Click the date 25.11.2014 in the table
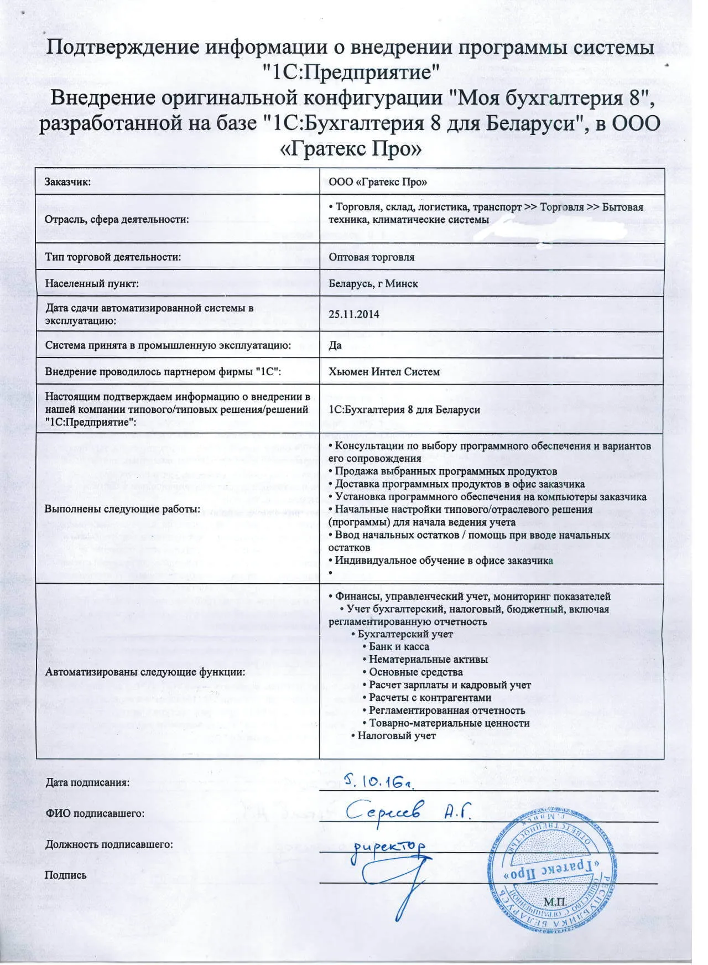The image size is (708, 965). click(x=354, y=314)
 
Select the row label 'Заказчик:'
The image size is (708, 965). click(x=67, y=182)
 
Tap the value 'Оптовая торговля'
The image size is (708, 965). click(x=371, y=257)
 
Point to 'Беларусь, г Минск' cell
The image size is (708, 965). click(x=373, y=284)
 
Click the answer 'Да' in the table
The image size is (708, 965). click(x=335, y=345)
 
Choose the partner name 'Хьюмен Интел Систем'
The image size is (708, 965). click(x=384, y=372)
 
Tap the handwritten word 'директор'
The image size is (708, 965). click(x=390, y=846)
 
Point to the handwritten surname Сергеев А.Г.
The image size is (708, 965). click(x=409, y=811)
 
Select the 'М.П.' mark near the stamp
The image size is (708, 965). click(x=555, y=902)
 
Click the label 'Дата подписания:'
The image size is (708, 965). click(x=87, y=782)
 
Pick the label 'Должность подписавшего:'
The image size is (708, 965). click(x=109, y=844)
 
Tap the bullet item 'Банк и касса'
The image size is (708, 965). click(x=398, y=647)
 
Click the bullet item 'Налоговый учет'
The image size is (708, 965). click(x=396, y=736)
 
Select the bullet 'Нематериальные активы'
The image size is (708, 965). click(x=428, y=660)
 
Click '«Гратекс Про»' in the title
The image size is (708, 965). click(x=352, y=149)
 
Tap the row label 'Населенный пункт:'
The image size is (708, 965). click(x=92, y=284)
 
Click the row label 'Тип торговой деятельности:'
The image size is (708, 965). click(x=113, y=257)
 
